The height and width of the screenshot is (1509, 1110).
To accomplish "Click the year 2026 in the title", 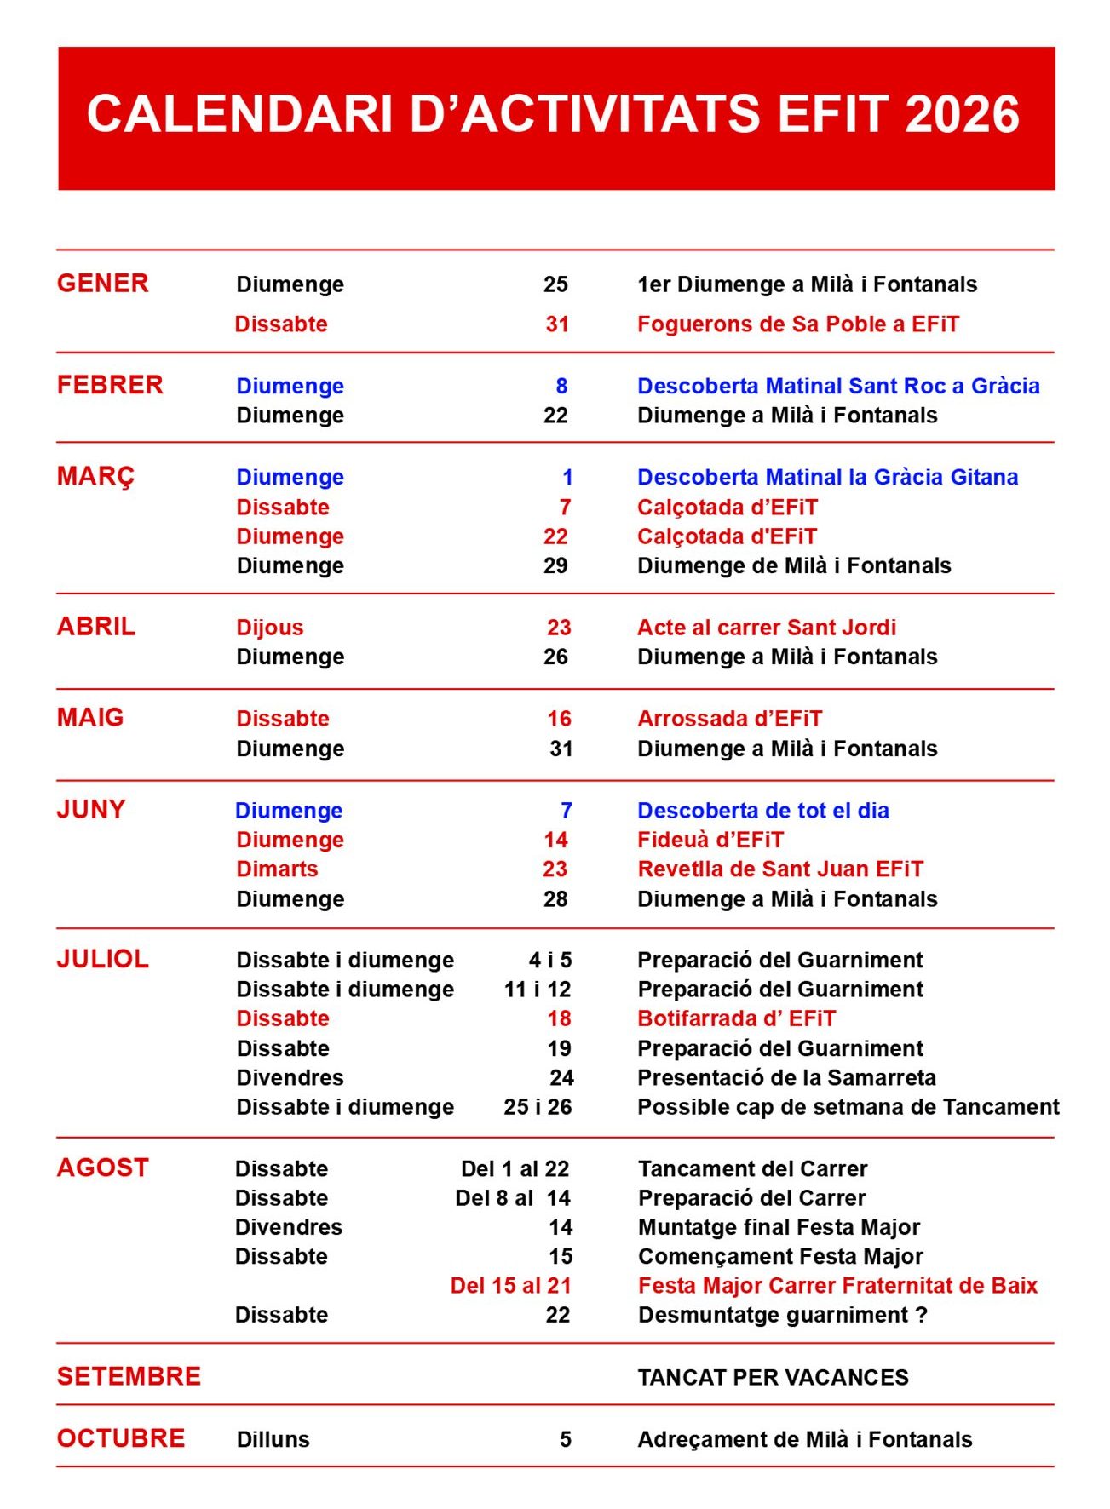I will point(962,115).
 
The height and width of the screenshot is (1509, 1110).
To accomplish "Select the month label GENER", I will point(102,283).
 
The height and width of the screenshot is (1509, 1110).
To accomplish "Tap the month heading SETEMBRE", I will point(129,1376).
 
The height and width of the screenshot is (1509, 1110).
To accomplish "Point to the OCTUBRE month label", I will point(120,1438).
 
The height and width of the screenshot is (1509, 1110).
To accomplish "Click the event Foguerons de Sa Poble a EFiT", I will point(797,324).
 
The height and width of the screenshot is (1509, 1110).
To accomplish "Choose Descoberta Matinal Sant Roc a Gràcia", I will point(838,386).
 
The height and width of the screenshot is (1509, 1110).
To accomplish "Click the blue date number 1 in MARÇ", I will point(567,477).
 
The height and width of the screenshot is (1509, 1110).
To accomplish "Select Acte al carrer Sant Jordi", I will point(766,628).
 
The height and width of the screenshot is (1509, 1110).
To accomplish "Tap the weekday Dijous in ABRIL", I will point(269,628).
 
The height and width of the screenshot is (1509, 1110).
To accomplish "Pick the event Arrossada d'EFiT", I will point(729,719).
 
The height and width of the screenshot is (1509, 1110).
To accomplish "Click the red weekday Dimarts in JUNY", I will point(277,869).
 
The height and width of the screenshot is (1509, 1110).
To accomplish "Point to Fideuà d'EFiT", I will point(710,840).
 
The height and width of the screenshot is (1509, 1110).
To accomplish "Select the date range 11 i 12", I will point(538,990).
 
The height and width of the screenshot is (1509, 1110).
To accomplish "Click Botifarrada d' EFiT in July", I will point(736,1018).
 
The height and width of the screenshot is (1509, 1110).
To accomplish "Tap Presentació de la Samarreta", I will point(786,1078).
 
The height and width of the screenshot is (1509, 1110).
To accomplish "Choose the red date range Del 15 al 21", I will point(510,1286).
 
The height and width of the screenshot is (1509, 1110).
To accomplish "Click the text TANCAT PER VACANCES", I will point(773,1378).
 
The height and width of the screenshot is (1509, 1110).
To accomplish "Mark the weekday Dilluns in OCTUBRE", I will point(273,1440).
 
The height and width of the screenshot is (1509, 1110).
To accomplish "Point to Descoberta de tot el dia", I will point(762,811).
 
